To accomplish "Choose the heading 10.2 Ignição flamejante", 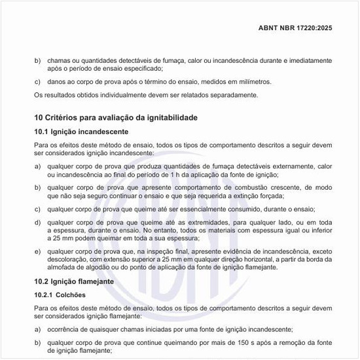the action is pos(73,281).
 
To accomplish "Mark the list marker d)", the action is pos(37,223).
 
